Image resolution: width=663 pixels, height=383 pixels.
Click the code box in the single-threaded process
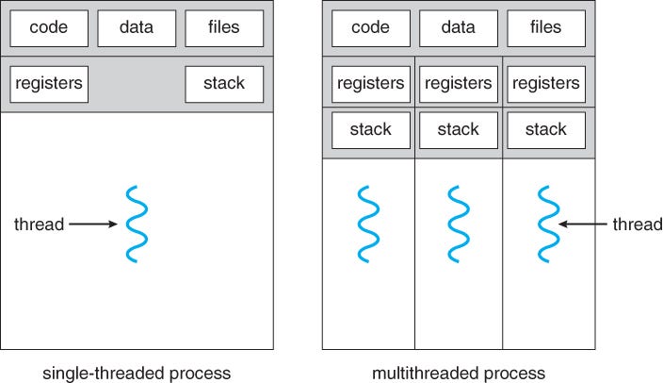pos(48,28)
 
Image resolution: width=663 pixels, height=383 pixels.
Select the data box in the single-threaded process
pos(137,28)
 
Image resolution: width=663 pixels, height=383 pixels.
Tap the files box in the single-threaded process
pos(224,28)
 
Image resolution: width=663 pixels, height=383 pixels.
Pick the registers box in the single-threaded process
pos(48,84)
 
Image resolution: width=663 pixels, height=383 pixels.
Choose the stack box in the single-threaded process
pos(224,84)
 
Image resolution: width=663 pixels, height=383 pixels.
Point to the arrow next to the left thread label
pos(92,225)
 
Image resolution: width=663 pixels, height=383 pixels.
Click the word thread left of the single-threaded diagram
pos(39,225)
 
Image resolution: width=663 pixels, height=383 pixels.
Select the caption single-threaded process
pos(137,373)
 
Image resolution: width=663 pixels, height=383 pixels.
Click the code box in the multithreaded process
pos(370,28)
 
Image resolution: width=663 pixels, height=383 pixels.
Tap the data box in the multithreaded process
pos(459,28)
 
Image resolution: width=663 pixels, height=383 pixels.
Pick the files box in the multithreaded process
pos(546,28)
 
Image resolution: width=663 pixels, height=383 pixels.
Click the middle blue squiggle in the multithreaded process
pos(459,225)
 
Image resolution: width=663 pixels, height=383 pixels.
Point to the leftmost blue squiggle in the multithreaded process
pos(368,225)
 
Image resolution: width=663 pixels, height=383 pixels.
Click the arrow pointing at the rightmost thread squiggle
pos(583,225)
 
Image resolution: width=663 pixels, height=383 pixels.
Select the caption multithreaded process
pos(459,373)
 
